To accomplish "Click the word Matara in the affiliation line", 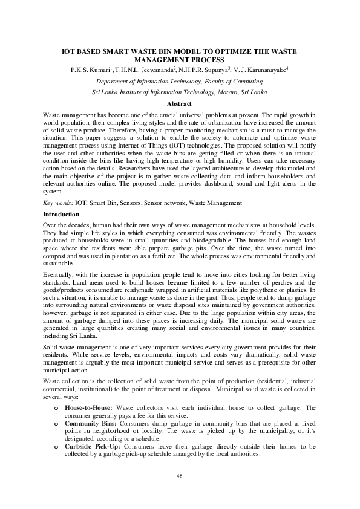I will tap(231, 92).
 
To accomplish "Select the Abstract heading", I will tap(180, 104).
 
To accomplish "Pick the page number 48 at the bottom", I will tap(180, 476).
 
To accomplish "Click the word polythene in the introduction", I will tap(283, 290).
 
